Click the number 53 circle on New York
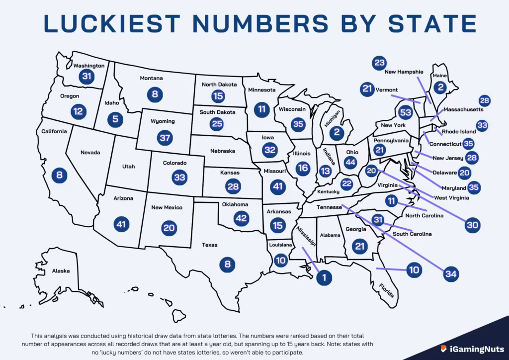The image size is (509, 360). pyautogui.click(x=406, y=112)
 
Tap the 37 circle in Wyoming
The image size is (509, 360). pyautogui.click(x=164, y=137)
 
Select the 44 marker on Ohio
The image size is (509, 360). pyautogui.click(x=351, y=162)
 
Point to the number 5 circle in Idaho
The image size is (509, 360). pyautogui.click(x=115, y=119)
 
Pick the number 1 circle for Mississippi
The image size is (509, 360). pyautogui.click(x=324, y=278)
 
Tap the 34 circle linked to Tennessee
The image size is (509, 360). pyautogui.click(x=451, y=274)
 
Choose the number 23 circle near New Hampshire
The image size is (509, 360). pyautogui.click(x=379, y=63)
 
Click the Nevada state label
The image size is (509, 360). pyautogui.click(x=90, y=152)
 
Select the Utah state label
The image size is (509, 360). pyautogui.click(x=128, y=167)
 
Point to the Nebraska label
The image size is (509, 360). pyautogui.click(x=223, y=151)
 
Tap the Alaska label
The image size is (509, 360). pyautogui.click(x=61, y=271)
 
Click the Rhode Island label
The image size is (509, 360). pyautogui.click(x=459, y=132)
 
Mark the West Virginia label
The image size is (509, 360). pyautogui.click(x=451, y=198)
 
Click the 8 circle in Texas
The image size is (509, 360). pyautogui.click(x=227, y=264)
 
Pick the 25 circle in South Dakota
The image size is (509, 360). pyautogui.click(x=217, y=123)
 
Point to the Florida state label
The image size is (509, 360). pyautogui.click(x=386, y=290)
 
